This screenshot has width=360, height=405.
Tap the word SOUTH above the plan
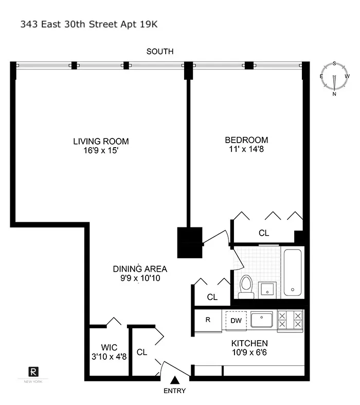click(x=160, y=51)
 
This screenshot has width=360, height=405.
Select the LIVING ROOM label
click(x=101, y=142)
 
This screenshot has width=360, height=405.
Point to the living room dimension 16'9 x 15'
click(x=101, y=151)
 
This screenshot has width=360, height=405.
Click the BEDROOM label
click(x=246, y=140)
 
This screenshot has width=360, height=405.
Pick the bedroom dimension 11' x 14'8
click(x=246, y=150)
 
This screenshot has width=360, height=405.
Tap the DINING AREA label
click(x=140, y=269)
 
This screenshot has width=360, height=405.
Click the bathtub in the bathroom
click(x=293, y=273)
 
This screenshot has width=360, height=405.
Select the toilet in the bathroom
click(x=246, y=286)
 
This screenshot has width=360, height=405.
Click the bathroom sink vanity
click(x=267, y=289)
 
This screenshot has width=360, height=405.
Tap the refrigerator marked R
click(x=208, y=320)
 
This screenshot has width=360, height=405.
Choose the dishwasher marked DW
click(x=236, y=321)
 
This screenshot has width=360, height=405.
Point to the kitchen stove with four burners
click(x=290, y=320)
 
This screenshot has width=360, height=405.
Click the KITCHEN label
click(x=249, y=343)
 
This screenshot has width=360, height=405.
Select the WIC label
click(x=110, y=347)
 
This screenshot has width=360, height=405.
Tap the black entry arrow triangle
click(x=175, y=380)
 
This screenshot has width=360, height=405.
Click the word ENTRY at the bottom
click(x=175, y=391)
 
